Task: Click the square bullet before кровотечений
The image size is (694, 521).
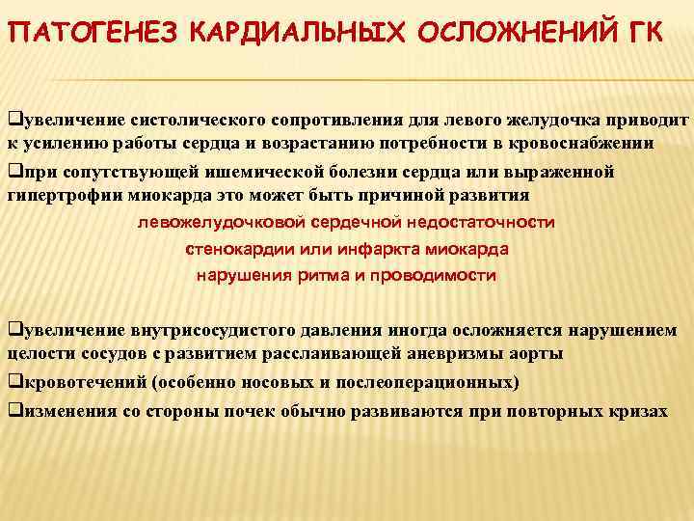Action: pos(13,382)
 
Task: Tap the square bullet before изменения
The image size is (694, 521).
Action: pos(13,409)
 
